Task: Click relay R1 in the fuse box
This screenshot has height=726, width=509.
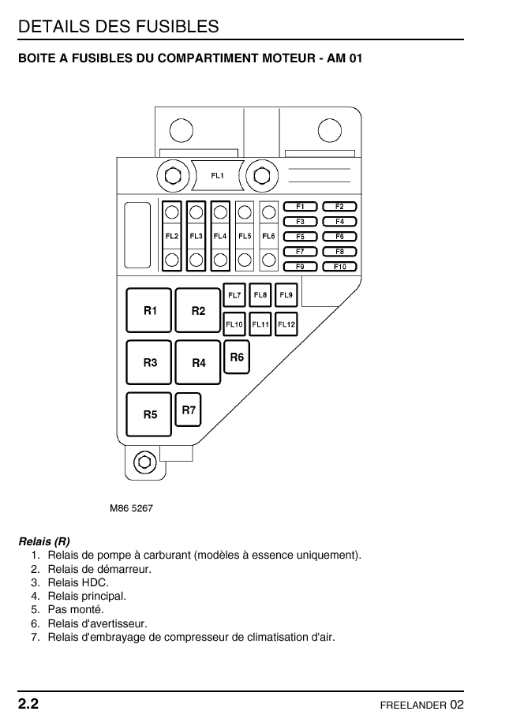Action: point(150,310)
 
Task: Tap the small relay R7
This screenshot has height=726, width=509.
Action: point(189,410)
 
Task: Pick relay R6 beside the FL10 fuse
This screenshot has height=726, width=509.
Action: point(237,357)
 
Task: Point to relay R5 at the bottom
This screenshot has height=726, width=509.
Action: point(150,414)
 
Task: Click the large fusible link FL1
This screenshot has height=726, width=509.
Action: point(217,174)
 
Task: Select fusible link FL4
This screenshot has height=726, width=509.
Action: point(220,236)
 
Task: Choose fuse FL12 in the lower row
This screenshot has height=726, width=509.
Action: point(286,324)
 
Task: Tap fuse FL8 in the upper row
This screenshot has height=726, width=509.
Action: point(260,295)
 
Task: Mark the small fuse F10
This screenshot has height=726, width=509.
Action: point(339,267)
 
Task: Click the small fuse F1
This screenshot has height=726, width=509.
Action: point(300,207)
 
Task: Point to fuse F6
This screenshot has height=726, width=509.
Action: point(339,237)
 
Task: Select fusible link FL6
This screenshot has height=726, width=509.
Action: point(268,236)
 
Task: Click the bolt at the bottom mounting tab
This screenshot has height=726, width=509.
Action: point(144,462)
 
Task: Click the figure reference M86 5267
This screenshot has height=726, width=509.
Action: point(131,508)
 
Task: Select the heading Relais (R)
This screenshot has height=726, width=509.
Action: point(44,542)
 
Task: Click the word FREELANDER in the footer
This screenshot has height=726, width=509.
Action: point(413,705)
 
